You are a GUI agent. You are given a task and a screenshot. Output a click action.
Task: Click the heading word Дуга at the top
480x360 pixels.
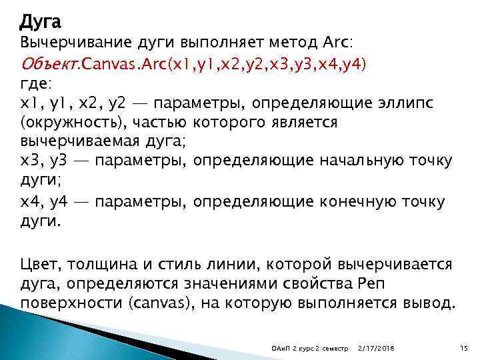[40, 23]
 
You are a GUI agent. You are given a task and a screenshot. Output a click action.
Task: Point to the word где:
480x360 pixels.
[35, 85]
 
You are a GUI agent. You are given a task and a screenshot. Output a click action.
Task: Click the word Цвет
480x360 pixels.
[42, 266]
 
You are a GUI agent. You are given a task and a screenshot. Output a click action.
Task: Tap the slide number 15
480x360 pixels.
[465, 349]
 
